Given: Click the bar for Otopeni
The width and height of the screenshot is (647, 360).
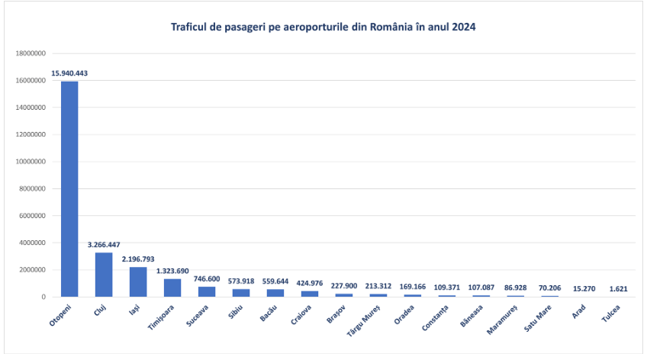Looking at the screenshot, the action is [69, 189].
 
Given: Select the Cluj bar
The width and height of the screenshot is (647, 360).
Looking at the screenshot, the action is [104, 275].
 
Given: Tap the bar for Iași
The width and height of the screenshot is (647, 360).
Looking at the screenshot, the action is [138, 282].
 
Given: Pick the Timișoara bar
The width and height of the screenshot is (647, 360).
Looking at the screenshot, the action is [172, 288].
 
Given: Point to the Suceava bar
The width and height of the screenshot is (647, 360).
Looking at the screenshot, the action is [207, 291].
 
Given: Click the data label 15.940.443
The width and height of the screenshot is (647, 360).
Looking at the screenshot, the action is [69, 73].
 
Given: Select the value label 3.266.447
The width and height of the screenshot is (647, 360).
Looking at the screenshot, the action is [104, 245].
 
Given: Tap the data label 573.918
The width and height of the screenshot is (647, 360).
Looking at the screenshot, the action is [241, 281].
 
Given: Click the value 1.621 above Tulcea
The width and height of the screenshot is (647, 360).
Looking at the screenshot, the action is [618, 288].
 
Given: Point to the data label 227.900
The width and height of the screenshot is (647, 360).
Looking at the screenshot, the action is [343, 286].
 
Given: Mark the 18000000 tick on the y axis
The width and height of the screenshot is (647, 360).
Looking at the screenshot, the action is [31, 53].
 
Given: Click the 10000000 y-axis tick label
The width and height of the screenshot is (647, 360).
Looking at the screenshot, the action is [31, 162].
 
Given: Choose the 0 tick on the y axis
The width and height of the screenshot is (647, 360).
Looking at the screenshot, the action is [43, 297].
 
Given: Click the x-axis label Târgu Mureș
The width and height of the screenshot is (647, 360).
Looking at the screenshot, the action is [363, 321].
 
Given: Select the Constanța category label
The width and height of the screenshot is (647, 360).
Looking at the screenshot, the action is [435, 318].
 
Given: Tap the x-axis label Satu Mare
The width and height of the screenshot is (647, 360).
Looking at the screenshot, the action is [538, 318].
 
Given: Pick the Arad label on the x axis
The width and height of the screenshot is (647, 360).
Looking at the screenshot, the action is [578, 312].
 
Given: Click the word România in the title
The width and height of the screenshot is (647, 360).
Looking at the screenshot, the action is [391, 27].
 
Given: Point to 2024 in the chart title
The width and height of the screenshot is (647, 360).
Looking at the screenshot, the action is [464, 27].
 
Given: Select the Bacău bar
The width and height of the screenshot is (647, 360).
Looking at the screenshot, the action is [275, 293].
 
